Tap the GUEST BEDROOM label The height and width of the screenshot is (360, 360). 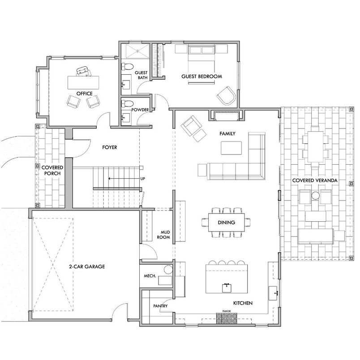(x=201, y=77)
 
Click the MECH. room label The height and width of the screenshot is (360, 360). (x=150, y=276)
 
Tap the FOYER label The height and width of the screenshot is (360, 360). (x=109, y=146)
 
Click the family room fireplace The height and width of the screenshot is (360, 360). (x=227, y=115)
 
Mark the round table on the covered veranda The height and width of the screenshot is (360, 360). (x=315, y=195)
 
